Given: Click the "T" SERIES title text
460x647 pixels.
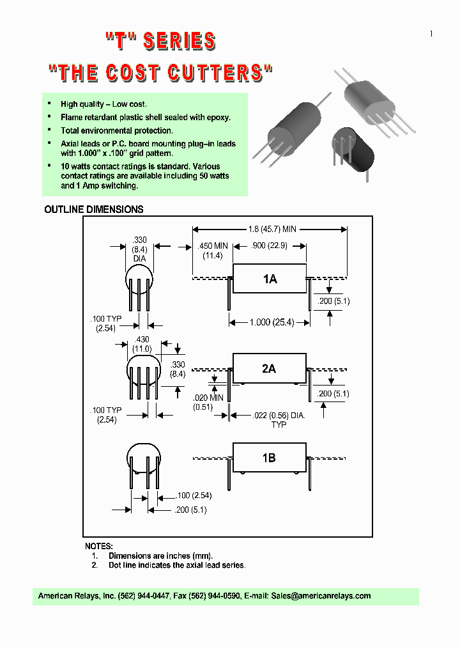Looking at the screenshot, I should point(160,42).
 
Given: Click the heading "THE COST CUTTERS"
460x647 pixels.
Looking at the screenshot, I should point(161,72).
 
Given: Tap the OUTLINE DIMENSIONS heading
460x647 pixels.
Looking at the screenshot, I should point(93,210).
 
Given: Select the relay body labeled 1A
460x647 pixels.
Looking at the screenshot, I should point(270,279).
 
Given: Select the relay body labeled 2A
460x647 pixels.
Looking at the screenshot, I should point(269,369).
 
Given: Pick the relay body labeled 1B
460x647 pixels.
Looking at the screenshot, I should point(269,458).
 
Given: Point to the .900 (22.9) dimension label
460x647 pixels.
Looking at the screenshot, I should point(269,246).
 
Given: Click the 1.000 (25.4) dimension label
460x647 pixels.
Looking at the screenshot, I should point(271,323).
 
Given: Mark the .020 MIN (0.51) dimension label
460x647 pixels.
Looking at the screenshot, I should point(209,401).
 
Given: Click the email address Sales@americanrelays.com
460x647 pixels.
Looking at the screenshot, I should point(321,596).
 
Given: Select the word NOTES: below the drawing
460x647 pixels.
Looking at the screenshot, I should point(99,547).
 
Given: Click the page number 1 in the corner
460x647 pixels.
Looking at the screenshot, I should point(431,34).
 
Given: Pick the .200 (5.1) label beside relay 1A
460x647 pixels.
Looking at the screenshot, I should point(333,300).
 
